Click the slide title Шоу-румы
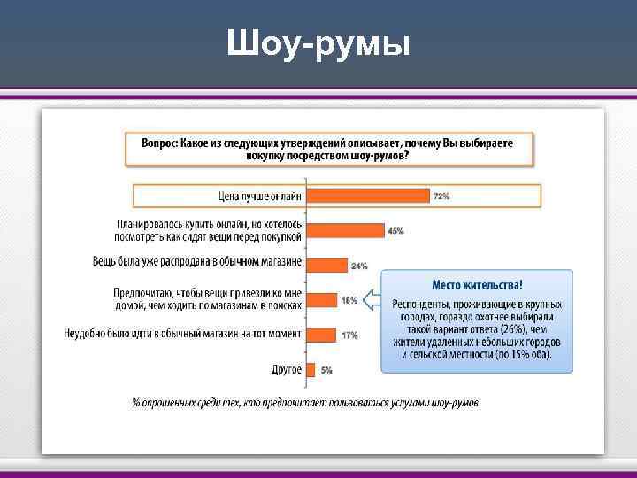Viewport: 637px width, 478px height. click(318, 42)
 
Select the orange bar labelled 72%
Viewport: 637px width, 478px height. click(366, 196)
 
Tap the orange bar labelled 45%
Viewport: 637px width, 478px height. click(344, 230)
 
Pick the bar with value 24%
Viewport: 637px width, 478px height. click(326, 265)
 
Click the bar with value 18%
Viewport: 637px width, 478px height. click(321, 299)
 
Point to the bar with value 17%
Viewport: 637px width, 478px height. click(320, 335)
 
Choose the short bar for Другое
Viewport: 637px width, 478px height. click(311, 369)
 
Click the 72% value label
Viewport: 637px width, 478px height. click(441, 196)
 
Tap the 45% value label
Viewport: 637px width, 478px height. click(395, 230)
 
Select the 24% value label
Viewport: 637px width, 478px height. click(359, 265)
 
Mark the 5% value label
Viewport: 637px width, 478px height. click(326, 369)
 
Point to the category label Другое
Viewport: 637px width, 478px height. click(287, 369)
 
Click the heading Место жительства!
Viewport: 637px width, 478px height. click(477, 285)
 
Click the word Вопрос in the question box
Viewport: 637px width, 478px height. click(159, 143)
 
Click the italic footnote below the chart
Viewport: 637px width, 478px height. click(305, 403)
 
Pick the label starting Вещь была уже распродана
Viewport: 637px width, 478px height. click(197, 262)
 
